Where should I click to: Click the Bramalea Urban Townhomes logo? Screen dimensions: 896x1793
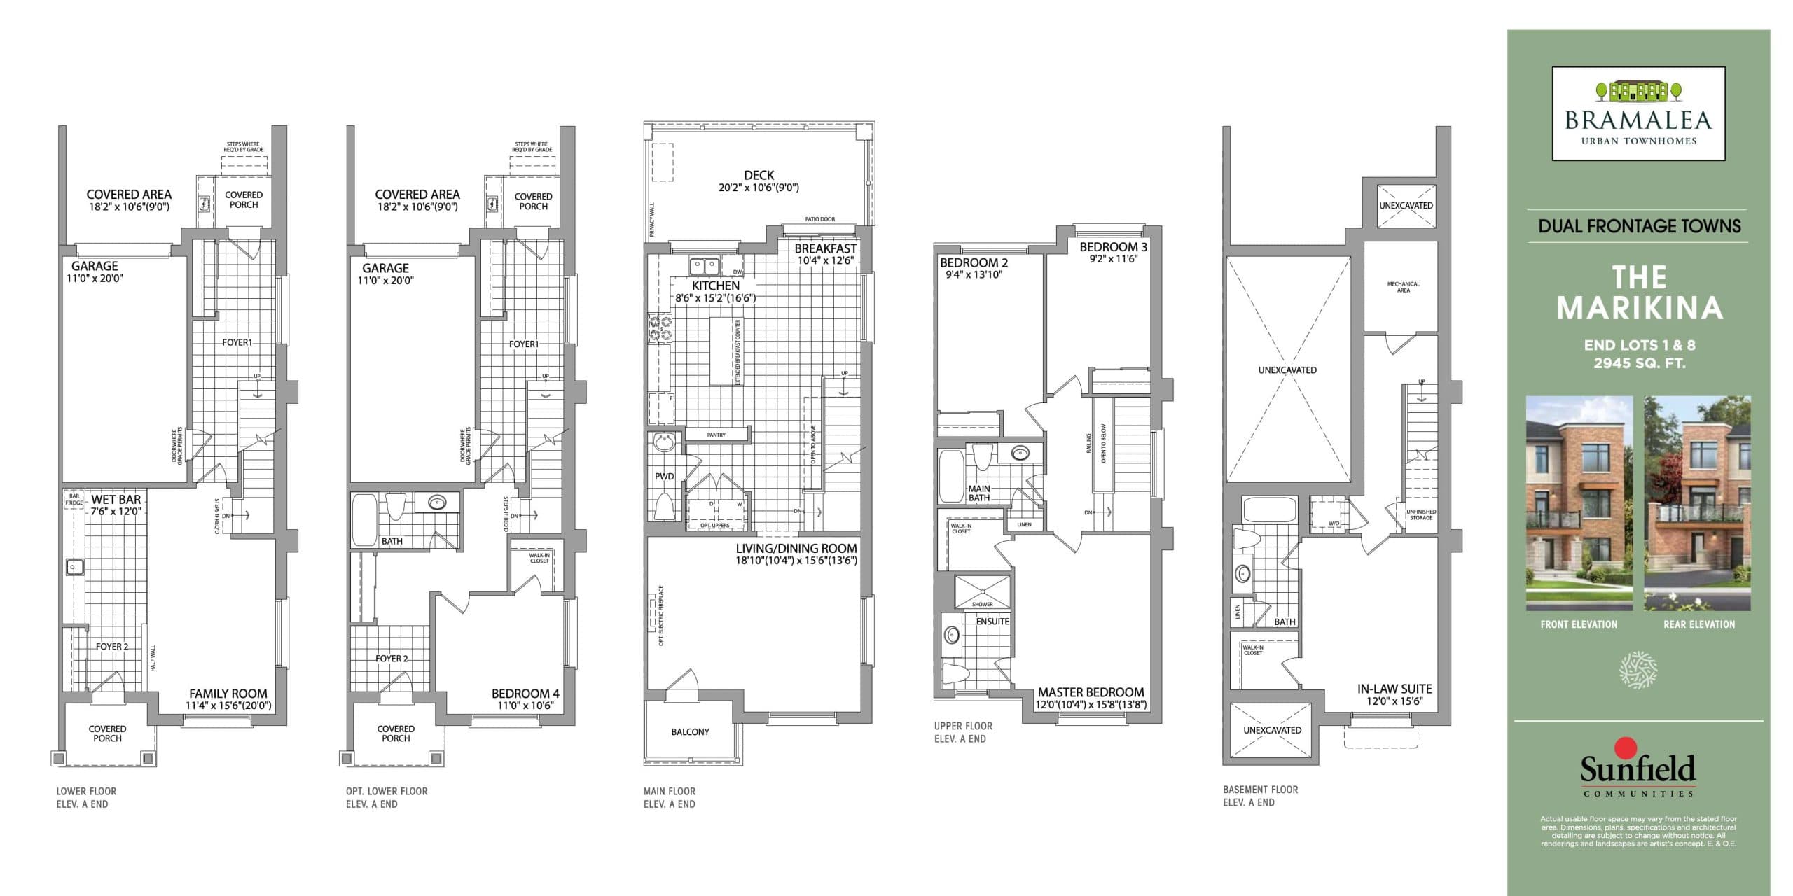(x=1638, y=113)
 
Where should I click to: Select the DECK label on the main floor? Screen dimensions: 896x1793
(x=759, y=175)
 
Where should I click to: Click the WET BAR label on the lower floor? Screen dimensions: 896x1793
(x=116, y=499)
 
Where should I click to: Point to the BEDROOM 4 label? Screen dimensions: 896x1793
(x=525, y=693)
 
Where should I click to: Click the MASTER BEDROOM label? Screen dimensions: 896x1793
(x=1091, y=692)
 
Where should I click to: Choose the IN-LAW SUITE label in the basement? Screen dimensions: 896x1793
(x=1394, y=688)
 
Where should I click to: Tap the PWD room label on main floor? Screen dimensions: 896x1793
(x=664, y=476)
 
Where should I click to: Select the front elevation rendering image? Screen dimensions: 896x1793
(x=1579, y=503)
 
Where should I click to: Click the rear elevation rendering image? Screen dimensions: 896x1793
(x=1698, y=503)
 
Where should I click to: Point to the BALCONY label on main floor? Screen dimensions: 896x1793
(x=690, y=731)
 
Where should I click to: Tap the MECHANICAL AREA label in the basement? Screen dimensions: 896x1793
(x=1403, y=286)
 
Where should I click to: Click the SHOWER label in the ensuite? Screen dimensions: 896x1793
(x=982, y=604)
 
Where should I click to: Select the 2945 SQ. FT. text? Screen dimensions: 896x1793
(x=1639, y=363)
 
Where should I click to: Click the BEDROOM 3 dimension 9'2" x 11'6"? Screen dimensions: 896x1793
(x=1113, y=259)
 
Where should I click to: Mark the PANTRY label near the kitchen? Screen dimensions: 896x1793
(x=716, y=435)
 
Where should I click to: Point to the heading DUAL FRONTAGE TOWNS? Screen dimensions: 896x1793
(x=1639, y=226)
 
